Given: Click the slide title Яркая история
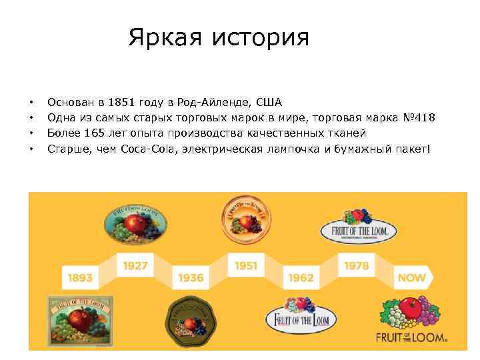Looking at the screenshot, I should pyautogui.click(x=219, y=37).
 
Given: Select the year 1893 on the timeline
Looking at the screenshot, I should pyautogui.click(x=79, y=277).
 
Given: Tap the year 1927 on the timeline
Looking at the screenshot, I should pyautogui.click(x=135, y=265).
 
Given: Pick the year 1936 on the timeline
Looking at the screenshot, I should pyautogui.click(x=190, y=277).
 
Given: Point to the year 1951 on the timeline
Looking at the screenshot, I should pyautogui.click(x=245, y=265).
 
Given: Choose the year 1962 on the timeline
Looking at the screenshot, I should pyautogui.click(x=301, y=277).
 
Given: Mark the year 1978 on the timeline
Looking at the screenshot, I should pyautogui.click(x=356, y=265).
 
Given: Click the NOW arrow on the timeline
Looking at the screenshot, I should pyautogui.click(x=411, y=277).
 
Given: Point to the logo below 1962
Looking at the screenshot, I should pyautogui.click(x=301, y=319).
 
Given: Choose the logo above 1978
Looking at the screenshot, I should pyautogui.click(x=357, y=226).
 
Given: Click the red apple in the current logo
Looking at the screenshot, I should pyautogui.click(x=413, y=307).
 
